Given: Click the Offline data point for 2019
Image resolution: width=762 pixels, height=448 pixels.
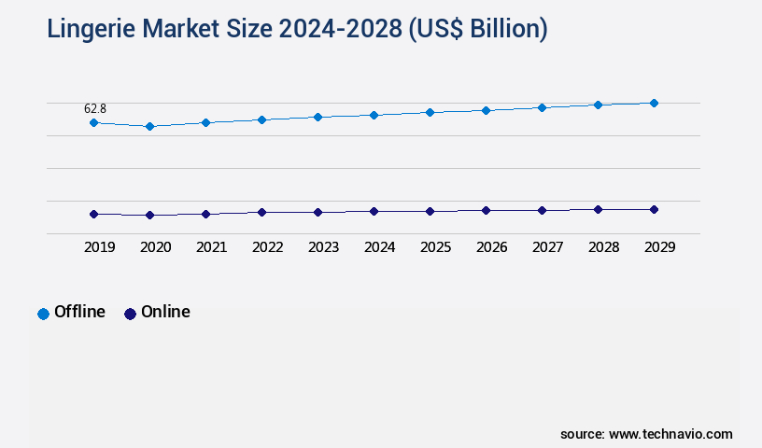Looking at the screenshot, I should (93, 122).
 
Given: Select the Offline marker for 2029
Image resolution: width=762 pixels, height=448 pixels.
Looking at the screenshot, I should (654, 103).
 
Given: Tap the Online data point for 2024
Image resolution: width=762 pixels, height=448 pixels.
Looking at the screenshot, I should (374, 211).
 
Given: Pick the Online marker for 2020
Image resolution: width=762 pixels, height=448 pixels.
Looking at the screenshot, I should (149, 215).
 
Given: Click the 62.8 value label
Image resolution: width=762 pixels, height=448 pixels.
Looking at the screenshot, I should (95, 108).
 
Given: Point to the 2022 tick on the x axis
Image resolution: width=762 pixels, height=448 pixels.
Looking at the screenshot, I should (267, 247).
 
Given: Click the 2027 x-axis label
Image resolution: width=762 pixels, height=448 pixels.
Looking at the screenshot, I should (547, 247).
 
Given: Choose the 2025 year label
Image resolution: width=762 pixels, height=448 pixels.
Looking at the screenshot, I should (435, 247).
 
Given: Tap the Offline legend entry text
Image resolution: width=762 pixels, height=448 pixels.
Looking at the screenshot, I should (79, 312).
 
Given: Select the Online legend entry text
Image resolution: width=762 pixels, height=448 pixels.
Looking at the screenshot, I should (165, 312).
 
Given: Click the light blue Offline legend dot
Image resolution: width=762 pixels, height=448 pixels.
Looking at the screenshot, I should (43, 314).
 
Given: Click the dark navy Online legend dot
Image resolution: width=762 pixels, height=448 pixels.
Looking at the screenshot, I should (130, 314).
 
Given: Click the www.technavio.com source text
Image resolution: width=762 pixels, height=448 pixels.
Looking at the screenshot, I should (670, 434).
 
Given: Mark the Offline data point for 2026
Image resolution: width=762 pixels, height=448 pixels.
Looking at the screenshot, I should (486, 110).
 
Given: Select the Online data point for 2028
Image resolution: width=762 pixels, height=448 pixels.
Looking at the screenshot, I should (598, 209).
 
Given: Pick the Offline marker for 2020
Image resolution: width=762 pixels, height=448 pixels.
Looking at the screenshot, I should (149, 126).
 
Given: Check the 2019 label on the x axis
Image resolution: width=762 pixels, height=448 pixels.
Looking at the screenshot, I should (99, 247).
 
